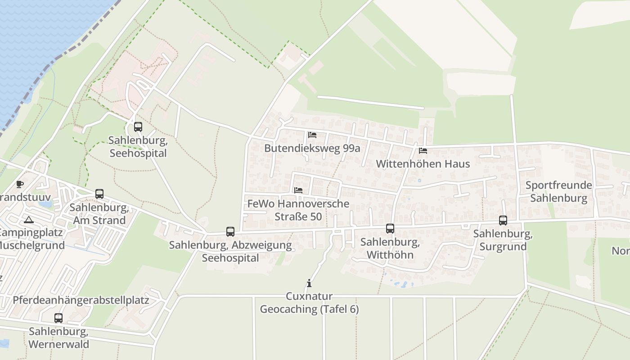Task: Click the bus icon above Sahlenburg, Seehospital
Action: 138,127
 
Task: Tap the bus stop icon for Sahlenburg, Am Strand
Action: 99,194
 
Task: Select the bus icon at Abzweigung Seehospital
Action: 230,232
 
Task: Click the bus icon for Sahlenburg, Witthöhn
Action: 390,229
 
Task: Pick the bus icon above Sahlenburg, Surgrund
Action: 503,220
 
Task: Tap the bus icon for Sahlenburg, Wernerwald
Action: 58,318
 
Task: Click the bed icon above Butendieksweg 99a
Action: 312,135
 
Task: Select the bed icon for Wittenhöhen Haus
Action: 423,151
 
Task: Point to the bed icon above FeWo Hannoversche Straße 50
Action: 298,190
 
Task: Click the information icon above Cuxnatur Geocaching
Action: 309,283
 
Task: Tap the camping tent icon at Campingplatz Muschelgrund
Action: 29,220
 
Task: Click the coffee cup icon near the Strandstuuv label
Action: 20,184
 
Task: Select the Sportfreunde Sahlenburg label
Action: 558,192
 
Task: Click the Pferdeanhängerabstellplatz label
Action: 81,300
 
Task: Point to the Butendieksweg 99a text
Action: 312,148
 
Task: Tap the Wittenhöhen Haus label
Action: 423,164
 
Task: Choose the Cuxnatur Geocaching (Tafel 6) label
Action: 310,303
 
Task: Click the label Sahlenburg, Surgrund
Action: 503,240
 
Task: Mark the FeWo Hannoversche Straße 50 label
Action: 298,210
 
